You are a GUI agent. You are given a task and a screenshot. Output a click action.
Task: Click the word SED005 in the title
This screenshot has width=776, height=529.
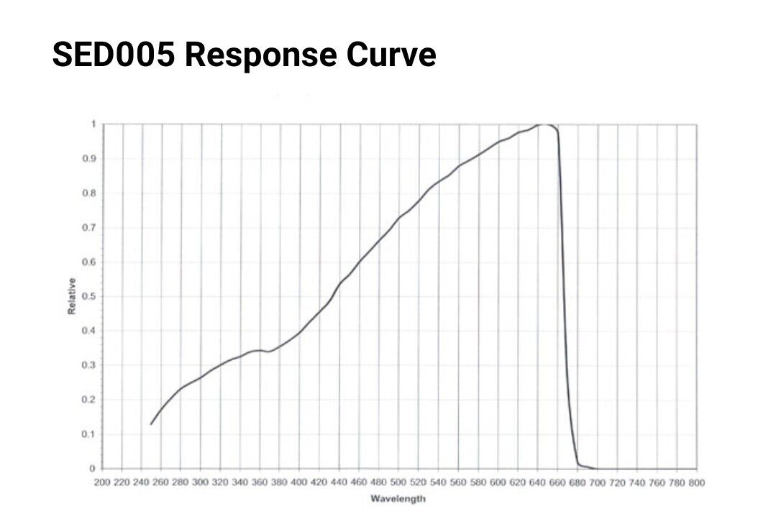pyautogui.click(x=113, y=55)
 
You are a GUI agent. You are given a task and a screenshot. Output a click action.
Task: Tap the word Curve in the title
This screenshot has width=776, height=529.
pyautogui.click(x=398, y=55)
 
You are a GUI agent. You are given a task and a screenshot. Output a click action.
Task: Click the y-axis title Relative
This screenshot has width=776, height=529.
pyautogui.click(x=72, y=295)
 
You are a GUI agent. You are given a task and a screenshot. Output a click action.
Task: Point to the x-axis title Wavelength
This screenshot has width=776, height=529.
pyautogui.click(x=398, y=498)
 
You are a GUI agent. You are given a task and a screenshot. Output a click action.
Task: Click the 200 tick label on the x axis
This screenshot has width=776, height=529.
pyautogui.click(x=103, y=482)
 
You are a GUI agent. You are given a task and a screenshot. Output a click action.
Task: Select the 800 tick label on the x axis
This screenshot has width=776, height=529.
pyautogui.click(x=696, y=482)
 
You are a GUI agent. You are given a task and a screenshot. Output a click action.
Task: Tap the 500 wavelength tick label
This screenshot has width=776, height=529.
pyautogui.click(x=399, y=482)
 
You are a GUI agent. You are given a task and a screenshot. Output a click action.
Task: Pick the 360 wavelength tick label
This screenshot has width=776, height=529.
pyautogui.click(x=260, y=482)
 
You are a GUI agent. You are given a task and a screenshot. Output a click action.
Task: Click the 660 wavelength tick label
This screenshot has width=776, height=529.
pyautogui.click(x=557, y=482)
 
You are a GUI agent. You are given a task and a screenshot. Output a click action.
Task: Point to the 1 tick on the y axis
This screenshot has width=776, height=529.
pyautogui.click(x=92, y=124)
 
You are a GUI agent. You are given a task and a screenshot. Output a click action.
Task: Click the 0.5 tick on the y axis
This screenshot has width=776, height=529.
pyautogui.click(x=89, y=296)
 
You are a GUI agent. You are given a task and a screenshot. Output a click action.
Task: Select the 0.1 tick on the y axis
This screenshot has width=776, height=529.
pyautogui.click(x=89, y=434)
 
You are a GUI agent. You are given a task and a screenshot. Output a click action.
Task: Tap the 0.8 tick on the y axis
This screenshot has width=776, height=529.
pyautogui.click(x=89, y=193)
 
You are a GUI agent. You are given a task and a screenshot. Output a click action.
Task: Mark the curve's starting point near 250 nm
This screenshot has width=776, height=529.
pyautogui.click(x=151, y=424)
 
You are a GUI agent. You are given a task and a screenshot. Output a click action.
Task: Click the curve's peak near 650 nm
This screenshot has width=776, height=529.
pyautogui.click(x=544, y=124)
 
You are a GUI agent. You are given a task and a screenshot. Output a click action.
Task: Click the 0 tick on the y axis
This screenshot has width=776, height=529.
pyautogui.click(x=92, y=469)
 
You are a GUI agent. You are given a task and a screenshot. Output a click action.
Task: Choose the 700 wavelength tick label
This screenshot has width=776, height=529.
pyautogui.click(x=597, y=482)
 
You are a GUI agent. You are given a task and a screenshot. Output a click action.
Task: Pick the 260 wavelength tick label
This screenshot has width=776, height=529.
pyautogui.click(x=162, y=482)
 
